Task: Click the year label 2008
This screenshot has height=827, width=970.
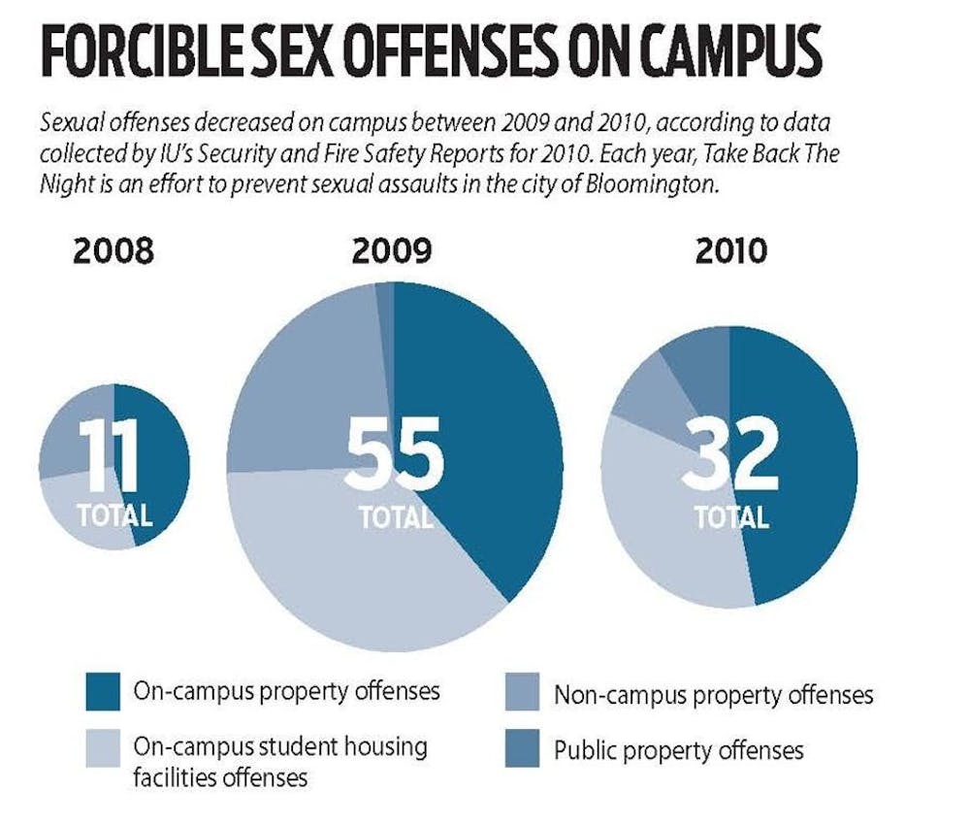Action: click(113, 251)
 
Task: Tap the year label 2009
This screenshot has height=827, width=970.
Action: click(392, 251)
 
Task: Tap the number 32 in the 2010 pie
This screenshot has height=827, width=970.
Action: click(729, 454)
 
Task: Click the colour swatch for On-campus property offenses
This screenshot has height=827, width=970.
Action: click(100, 692)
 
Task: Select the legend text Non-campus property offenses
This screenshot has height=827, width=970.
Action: click(713, 694)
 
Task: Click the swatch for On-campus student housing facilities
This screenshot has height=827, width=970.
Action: click(100, 748)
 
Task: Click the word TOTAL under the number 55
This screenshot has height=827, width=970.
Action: click(395, 516)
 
